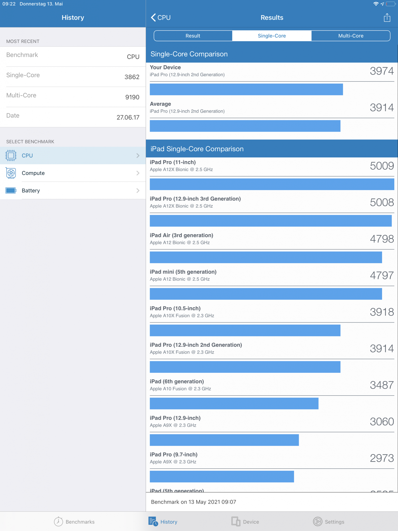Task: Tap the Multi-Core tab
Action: coord(351,36)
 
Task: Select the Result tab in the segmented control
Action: coord(193,36)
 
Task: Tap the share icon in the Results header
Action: coord(387,18)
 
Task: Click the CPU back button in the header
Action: coord(161,18)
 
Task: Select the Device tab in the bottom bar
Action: coord(245,522)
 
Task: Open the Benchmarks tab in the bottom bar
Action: coord(74,522)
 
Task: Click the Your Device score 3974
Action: coord(382,71)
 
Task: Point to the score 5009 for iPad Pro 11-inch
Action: coord(382,166)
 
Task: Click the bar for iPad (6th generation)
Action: coord(234,404)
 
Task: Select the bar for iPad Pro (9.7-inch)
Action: coord(222,477)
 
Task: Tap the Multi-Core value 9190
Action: coord(132,97)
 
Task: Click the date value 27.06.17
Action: coord(128,117)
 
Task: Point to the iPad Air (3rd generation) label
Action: coord(181,235)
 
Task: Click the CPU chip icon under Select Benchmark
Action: coord(11,156)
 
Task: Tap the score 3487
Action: coord(382,385)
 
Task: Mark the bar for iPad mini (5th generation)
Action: coord(266,294)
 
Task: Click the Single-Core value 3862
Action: coord(132,77)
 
